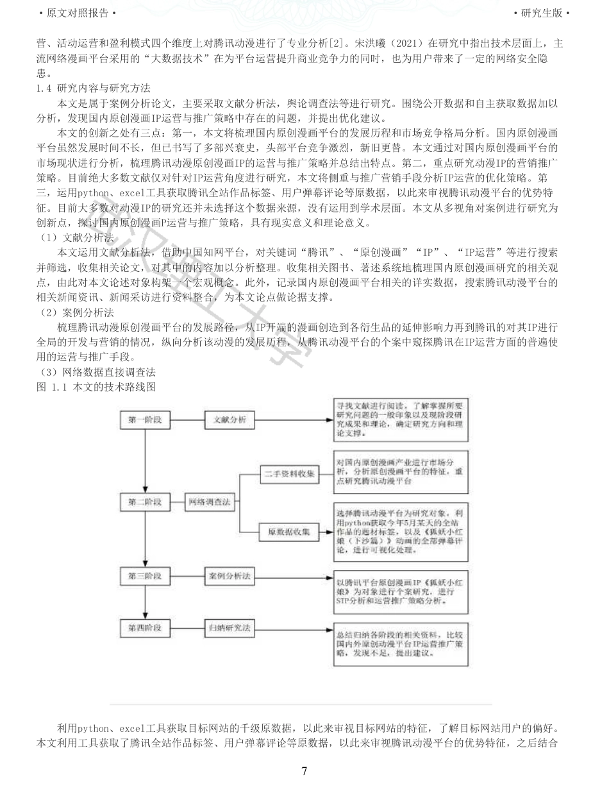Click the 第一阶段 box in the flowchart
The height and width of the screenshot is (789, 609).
click(145, 420)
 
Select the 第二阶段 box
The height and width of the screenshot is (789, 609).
click(145, 502)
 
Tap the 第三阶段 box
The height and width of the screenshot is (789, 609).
click(145, 576)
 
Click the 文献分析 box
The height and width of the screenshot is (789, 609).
click(229, 420)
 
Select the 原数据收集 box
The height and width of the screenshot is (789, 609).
click(289, 532)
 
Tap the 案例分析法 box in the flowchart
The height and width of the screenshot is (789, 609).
click(229, 576)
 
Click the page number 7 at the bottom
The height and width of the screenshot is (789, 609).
click(304, 771)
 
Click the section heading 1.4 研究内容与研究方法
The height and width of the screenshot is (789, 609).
click(94, 88)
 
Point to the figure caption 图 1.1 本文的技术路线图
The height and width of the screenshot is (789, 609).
click(97, 387)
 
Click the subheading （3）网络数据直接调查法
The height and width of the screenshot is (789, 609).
click(97, 372)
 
